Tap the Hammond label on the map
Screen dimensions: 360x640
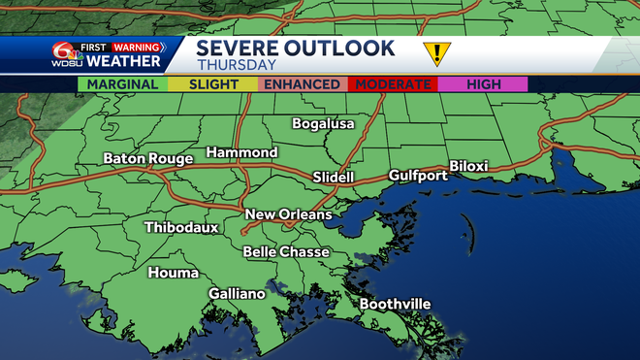(241, 152)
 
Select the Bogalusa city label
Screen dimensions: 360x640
(324, 123)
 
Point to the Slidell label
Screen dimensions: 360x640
(334, 178)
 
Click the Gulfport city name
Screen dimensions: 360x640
(418, 176)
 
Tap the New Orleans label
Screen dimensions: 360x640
(288, 214)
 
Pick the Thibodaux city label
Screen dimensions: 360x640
(181, 228)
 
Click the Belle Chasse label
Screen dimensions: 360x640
(286, 251)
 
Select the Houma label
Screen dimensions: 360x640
(173, 273)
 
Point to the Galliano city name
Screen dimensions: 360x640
(237, 293)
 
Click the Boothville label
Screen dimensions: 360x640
(395, 304)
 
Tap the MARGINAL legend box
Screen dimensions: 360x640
(122, 84)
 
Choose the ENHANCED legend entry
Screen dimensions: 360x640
(302, 84)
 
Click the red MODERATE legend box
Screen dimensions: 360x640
(393, 84)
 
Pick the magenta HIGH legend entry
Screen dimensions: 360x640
(483, 84)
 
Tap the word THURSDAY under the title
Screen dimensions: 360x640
(237, 66)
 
